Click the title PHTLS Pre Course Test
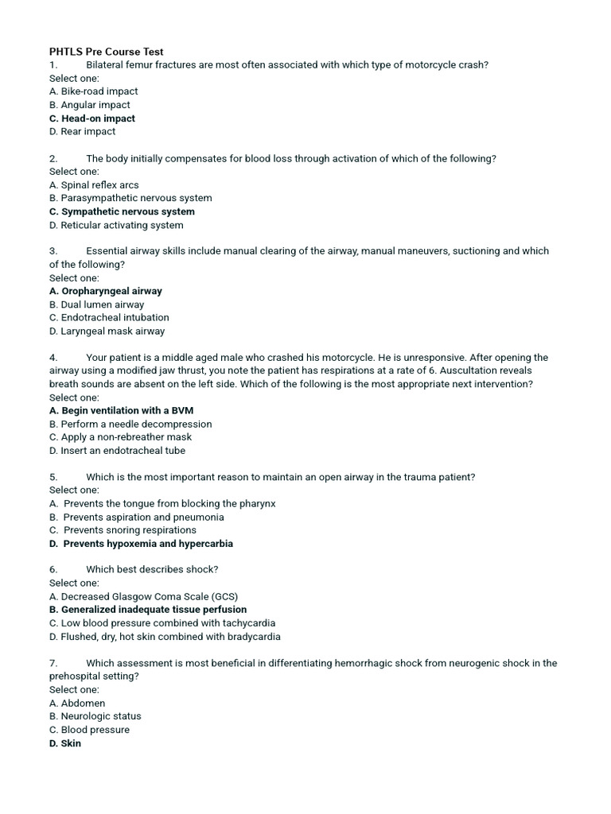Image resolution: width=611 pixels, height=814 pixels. point(106,52)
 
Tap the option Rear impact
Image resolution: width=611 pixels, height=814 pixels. point(82,132)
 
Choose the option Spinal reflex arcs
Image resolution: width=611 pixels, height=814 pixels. point(94,185)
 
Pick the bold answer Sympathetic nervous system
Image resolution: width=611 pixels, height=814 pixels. point(122,211)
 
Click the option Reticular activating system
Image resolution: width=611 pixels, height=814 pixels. point(116,225)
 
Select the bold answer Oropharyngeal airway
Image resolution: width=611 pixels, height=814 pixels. point(106,291)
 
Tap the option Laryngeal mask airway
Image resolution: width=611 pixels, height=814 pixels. point(107,331)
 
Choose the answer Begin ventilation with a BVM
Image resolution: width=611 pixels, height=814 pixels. point(121,411)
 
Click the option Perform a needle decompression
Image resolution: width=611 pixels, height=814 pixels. point(130,424)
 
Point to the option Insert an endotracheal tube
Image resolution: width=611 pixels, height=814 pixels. point(117,451)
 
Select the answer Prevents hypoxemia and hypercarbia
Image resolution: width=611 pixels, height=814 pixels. point(141,544)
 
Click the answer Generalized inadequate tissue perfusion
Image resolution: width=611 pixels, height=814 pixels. point(148,610)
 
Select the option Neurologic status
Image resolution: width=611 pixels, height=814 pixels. point(95,716)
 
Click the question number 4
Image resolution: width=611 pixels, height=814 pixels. point(53,358)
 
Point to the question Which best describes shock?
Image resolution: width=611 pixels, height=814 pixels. point(152,570)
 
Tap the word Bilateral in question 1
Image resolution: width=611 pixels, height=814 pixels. point(106,65)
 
